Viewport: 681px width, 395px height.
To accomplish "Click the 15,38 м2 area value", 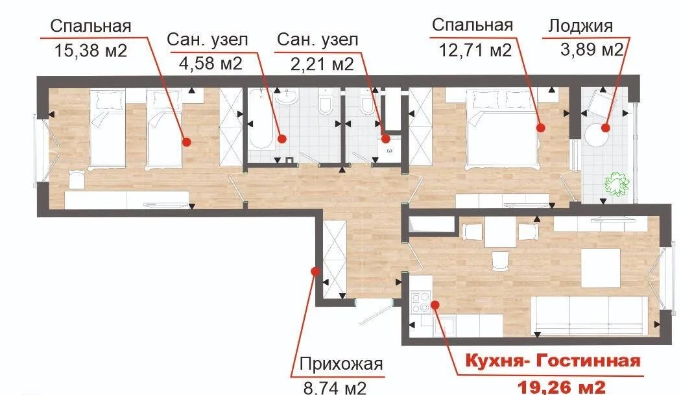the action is pos(91,51).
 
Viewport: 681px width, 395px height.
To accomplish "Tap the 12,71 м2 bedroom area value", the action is pos(475,51).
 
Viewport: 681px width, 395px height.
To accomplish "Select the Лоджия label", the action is pos(580,26).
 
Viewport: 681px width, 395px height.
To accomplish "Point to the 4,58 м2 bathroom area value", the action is pos(211,64).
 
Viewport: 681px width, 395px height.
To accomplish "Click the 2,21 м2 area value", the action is pos(322,64).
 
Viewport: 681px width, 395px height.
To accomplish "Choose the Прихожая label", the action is pos(341,364).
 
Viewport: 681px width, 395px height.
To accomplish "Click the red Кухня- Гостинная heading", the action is pos(553,361).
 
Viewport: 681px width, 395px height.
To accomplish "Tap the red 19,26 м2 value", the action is pos(562,386).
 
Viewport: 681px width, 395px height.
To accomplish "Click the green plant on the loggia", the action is pos(616,184).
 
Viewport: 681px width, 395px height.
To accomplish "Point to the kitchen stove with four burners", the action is pos(420,302).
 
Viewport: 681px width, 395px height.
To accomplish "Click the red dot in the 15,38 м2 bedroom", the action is pos(187,141).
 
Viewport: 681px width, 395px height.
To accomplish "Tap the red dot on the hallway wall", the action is pos(316,272).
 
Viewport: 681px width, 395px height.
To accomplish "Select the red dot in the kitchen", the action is pos(435,305).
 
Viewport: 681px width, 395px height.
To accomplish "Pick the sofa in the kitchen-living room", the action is pos(590,316).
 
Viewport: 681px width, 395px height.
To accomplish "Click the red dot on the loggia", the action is pos(605,128).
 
